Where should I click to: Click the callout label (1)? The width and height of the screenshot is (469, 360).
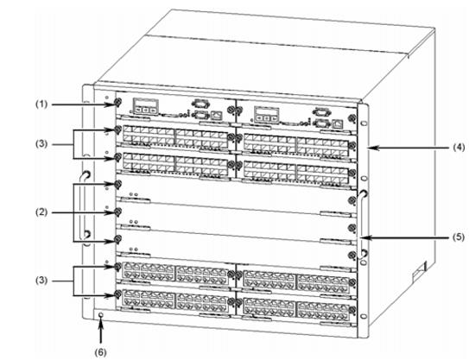(41, 104)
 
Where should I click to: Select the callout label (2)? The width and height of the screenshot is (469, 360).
(41, 212)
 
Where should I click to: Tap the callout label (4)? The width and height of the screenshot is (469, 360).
(459, 148)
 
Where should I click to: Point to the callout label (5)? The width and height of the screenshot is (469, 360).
(459, 237)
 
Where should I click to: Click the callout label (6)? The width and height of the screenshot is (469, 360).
(100, 352)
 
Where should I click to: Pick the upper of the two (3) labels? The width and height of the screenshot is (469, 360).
(41, 144)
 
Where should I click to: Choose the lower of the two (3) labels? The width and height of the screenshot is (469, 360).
(41, 281)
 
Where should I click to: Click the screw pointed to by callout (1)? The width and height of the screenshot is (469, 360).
(117, 103)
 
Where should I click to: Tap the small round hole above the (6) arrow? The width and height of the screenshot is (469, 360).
(101, 315)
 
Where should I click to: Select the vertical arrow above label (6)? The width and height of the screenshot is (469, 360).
(101, 331)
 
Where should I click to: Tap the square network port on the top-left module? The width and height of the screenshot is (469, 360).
(216, 115)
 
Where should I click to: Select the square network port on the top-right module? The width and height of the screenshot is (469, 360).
(338, 123)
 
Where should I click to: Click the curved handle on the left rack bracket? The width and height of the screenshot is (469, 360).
(82, 206)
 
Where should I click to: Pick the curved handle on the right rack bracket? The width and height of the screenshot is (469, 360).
(360, 224)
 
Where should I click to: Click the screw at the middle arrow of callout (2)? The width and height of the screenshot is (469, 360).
(117, 212)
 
